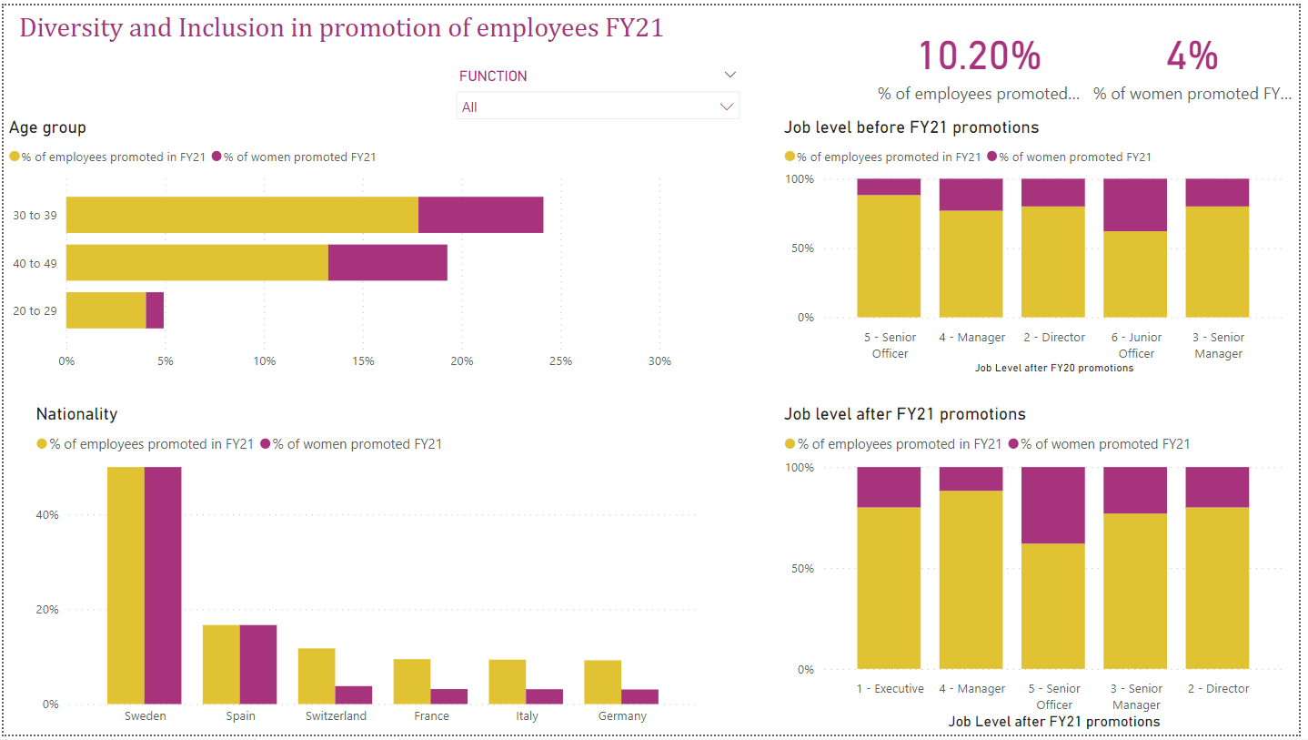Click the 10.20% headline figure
click(979, 56)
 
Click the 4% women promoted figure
click(1192, 56)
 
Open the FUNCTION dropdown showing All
click(598, 106)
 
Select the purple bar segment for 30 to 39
click(480, 215)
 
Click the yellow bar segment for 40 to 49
click(196, 262)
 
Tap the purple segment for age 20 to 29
click(155, 309)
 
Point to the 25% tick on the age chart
click(560, 361)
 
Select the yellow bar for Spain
click(221, 664)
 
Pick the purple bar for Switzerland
click(354, 694)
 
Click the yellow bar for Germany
click(602, 681)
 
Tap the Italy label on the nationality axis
click(527, 716)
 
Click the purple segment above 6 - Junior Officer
click(1135, 205)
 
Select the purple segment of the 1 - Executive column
click(890, 487)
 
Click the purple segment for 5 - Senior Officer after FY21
click(1053, 505)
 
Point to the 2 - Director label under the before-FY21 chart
click(1053, 338)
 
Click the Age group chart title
click(47, 127)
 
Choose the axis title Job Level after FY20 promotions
click(1053, 369)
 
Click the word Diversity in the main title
click(70, 28)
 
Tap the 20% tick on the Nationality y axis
click(47, 610)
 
